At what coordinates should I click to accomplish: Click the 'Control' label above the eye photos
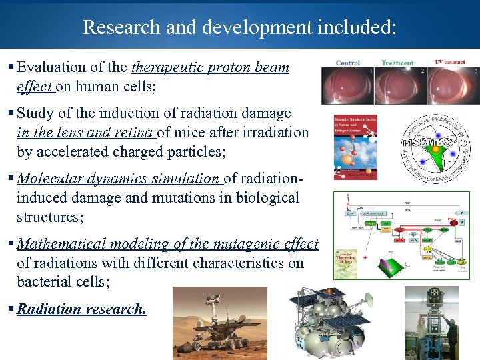(x=348, y=63)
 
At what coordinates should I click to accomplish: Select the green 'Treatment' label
(x=397, y=63)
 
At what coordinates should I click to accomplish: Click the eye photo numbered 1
(x=347, y=85)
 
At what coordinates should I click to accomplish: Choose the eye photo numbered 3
(x=453, y=85)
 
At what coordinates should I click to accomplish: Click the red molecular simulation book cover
(x=355, y=147)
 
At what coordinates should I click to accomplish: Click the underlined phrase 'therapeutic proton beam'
(x=210, y=67)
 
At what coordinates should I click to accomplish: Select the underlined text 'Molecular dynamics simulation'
(x=119, y=178)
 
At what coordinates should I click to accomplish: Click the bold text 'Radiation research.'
(x=81, y=309)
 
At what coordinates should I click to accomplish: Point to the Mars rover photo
(x=219, y=321)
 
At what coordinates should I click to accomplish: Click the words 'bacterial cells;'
(x=63, y=282)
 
